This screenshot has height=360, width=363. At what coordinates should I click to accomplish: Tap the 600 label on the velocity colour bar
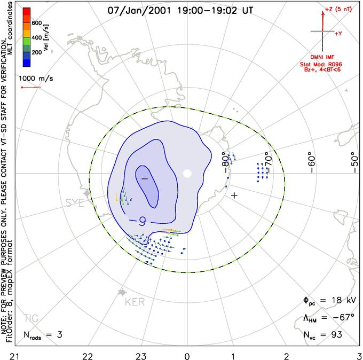pyautogui.click(x=36, y=23)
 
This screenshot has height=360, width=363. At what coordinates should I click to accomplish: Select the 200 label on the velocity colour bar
pyautogui.click(x=36, y=53)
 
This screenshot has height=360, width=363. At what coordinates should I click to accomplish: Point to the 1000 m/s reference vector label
pyautogui.click(x=35, y=78)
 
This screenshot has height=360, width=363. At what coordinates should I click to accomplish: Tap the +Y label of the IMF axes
pyautogui.click(x=338, y=33)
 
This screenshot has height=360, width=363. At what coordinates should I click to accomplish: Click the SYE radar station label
pyautogui.click(x=75, y=202)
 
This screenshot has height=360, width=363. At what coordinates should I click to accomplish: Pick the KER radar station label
pyautogui.click(x=134, y=302)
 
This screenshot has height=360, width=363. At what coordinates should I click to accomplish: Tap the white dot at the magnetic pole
pyautogui.click(x=187, y=173)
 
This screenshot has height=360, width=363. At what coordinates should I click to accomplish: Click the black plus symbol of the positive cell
pyautogui.click(x=233, y=195)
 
